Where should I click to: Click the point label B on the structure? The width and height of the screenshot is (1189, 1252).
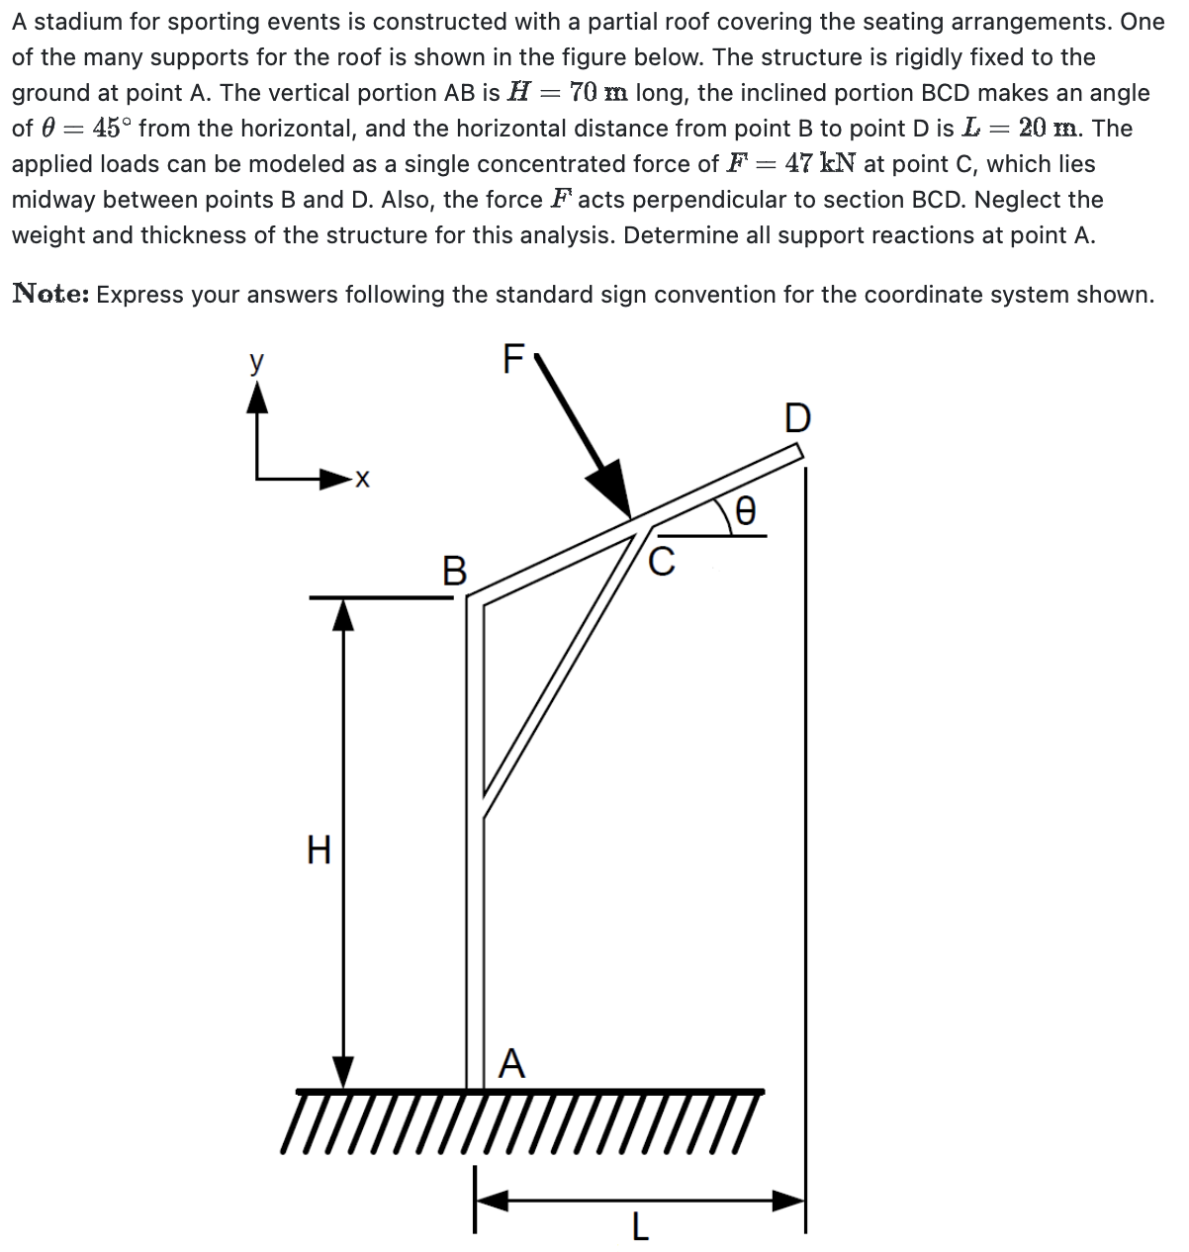point(453,571)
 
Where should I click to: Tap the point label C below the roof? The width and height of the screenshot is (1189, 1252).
point(662,561)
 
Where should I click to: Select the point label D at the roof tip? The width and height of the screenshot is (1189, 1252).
point(797,418)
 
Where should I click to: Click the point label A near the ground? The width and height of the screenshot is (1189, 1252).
point(511,1063)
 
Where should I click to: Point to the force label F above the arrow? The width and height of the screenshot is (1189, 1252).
point(512,359)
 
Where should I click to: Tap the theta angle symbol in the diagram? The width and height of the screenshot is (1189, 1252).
point(747,510)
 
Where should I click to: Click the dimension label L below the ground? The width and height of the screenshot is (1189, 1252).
point(640,1227)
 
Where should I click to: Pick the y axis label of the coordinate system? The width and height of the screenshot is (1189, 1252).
point(257,362)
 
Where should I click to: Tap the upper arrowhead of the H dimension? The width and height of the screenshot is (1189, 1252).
point(342,616)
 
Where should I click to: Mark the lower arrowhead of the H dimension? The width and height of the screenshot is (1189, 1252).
point(342,1071)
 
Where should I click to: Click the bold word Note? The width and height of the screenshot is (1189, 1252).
point(48,294)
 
